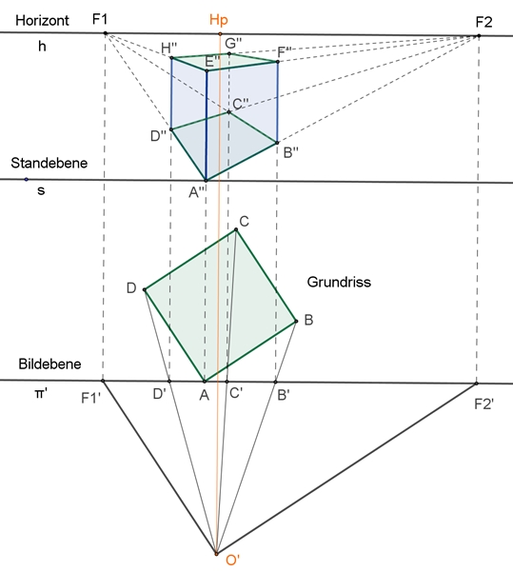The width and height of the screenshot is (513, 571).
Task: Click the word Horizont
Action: coord(42,20)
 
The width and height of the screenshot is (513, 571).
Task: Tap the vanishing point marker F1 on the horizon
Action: coord(106,33)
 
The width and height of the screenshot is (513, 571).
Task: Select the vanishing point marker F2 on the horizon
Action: coord(479,36)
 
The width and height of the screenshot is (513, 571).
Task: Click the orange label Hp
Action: coord(219,20)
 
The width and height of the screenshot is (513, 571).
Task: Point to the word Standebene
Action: coord(49,163)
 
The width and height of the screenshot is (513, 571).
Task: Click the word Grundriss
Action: coord(339,282)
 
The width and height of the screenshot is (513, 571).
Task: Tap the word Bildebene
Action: coord(49,364)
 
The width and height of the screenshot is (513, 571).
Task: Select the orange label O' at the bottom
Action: coord(232,561)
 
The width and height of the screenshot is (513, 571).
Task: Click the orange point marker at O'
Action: coord(216,554)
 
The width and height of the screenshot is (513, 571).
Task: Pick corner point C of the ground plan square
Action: coord(236,229)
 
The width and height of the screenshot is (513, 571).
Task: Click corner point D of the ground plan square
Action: coord(145,290)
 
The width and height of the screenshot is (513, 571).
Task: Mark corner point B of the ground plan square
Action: coord(296,322)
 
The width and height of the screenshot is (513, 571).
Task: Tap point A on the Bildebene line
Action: coord(205,382)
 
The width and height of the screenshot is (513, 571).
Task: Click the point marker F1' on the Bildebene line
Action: coord(103,381)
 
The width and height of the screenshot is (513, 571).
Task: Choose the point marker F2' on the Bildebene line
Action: coord(476,384)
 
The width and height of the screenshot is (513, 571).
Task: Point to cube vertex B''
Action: coord(277,143)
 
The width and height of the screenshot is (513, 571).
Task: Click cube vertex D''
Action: coord(171,129)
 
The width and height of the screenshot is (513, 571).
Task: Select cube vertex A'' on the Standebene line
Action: coord(206,180)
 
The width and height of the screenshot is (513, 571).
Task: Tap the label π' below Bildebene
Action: coord(41,394)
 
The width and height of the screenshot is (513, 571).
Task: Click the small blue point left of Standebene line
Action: coord(26,179)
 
